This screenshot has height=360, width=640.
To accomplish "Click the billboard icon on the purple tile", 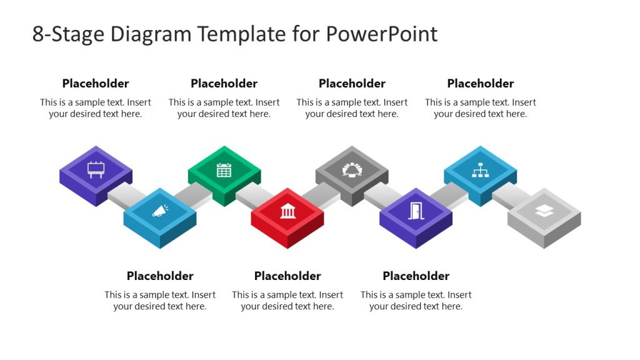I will (96, 169).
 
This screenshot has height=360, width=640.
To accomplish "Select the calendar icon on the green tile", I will (224, 169).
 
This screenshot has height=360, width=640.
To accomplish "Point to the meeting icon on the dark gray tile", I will (352, 169).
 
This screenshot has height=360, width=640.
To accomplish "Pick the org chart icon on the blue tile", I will (480, 169).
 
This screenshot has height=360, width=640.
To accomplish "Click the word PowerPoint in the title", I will (381, 34).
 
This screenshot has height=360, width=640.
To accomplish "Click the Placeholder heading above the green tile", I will (224, 84).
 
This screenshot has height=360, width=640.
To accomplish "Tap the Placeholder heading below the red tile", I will (287, 276).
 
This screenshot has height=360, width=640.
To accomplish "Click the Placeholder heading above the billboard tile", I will (96, 84).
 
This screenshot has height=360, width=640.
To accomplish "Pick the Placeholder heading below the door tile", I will (416, 276).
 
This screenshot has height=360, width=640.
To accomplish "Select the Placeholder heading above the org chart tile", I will (480, 84).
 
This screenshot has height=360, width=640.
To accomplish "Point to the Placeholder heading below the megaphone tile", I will (160, 276).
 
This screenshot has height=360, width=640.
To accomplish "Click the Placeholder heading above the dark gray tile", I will (352, 84).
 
